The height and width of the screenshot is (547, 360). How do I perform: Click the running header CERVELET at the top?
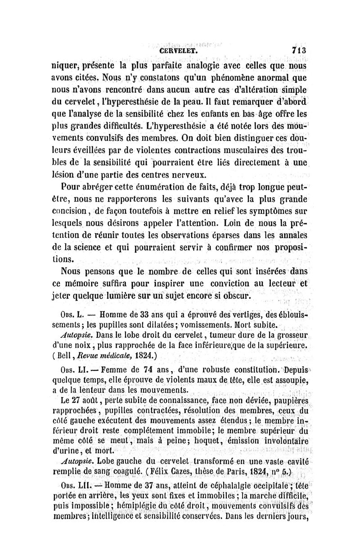pos(180,51)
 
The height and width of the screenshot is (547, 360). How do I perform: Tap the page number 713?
pos(298,50)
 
